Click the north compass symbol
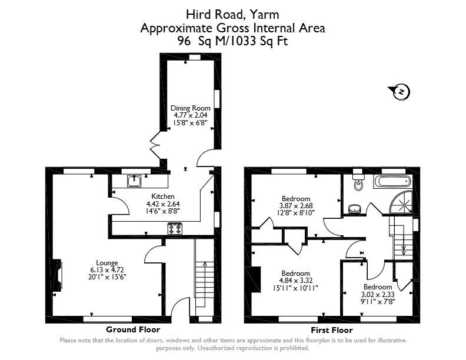(x=399, y=92)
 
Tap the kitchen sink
(x=134, y=181)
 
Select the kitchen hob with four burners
(x=175, y=229)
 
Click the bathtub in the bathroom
(x=393, y=181)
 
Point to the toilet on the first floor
(x=358, y=182)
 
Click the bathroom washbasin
(x=355, y=209)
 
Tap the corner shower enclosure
(x=401, y=202)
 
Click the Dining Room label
(x=191, y=108)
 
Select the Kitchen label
(x=163, y=196)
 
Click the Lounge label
(x=107, y=263)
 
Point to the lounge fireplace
(x=57, y=275)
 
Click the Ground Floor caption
(x=133, y=329)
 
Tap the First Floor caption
(x=332, y=330)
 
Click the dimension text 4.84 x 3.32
(x=296, y=281)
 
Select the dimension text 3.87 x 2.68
(x=296, y=205)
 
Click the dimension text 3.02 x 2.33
(x=378, y=295)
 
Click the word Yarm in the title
(x=265, y=15)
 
